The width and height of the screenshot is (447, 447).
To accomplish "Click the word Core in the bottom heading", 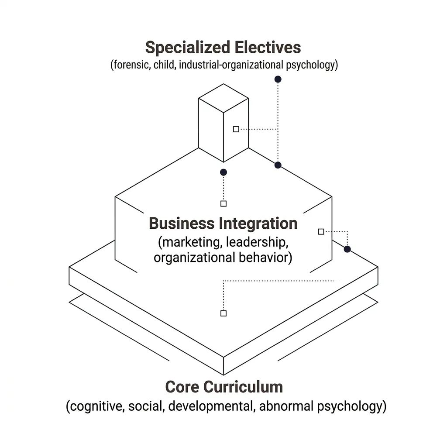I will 182,387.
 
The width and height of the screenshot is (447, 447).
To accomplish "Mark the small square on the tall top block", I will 236,129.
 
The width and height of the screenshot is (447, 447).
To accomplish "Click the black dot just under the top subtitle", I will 278,79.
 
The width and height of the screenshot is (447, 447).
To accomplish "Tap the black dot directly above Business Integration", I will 223,172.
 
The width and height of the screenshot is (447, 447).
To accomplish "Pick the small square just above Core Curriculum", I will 223,313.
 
